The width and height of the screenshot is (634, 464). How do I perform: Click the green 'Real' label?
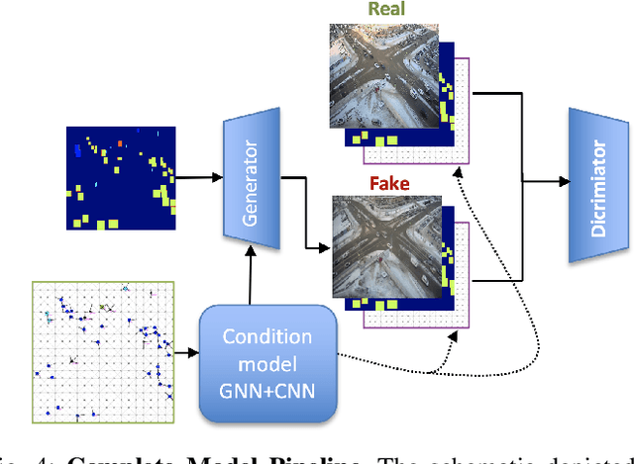point(386,11)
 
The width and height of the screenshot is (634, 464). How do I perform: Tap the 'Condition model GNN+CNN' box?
point(267,360)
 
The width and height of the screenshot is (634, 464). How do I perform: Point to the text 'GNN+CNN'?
point(267,387)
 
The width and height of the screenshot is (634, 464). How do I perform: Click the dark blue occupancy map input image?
point(121,177)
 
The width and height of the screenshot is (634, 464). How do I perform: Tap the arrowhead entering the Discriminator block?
point(565,182)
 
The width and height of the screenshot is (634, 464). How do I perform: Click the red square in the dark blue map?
point(121,142)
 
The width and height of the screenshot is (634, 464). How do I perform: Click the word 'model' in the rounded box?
point(267,360)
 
